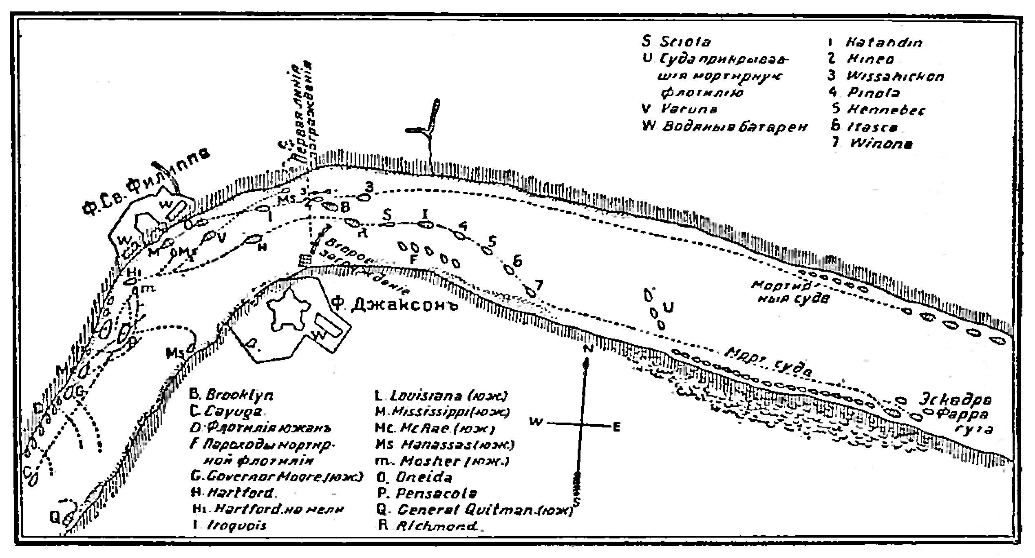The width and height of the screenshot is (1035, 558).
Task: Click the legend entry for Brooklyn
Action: pyautogui.click(x=232, y=395)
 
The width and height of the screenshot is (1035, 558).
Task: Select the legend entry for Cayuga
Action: pyautogui.click(x=227, y=412)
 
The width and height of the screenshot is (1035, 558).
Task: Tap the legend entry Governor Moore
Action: pyautogui.click(x=276, y=476)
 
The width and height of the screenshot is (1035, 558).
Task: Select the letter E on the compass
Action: pyautogui.click(x=616, y=427)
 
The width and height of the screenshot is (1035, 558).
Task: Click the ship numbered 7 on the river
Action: pyautogui.click(x=531, y=292)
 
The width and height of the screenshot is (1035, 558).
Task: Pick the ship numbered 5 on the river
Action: pyautogui.click(x=486, y=250)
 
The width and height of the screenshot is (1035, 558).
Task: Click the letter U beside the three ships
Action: pyautogui.click(x=669, y=306)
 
